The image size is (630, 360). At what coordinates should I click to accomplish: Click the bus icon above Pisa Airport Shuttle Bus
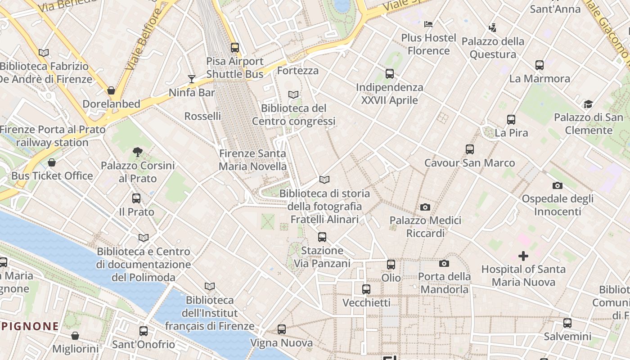pyautogui.click(x=234, y=47)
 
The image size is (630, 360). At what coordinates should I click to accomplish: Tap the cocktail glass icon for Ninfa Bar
pyautogui.click(x=192, y=79)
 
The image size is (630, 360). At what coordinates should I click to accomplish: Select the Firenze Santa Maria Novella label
pyautogui.click(x=252, y=160)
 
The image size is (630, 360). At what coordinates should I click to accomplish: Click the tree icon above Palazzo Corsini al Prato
pyautogui.click(x=138, y=152)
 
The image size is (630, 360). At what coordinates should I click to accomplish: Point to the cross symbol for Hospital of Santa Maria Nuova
pyautogui.click(x=523, y=256)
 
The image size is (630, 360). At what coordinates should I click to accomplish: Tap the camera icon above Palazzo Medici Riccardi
pyautogui.click(x=425, y=207)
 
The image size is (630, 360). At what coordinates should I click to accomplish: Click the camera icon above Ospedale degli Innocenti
pyautogui.click(x=557, y=185)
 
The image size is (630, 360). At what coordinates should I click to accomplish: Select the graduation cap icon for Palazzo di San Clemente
pyautogui.click(x=588, y=104)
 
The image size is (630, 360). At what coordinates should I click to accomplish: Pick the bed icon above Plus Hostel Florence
pyautogui.click(x=428, y=24)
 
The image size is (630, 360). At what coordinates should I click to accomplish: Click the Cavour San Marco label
pyautogui.click(x=470, y=163)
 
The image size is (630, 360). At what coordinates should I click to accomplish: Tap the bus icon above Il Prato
pyautogui.click(x=136, y=198)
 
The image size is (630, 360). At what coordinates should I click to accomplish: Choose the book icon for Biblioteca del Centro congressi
pyautogui.click(x=293, y=94)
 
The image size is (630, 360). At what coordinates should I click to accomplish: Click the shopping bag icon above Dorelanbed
pyautogui.click(x=111, y=90)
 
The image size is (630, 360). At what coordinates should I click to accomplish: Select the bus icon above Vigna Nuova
pyautogui.click(x=282, y=329)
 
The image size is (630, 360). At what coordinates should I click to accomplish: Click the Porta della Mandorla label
pyautogui.click(x=445, y=283)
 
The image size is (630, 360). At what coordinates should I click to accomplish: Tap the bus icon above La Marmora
pyautogui.click(x=540, y=65)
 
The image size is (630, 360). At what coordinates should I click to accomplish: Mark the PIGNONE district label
pyautogui.click(x=30, y=326)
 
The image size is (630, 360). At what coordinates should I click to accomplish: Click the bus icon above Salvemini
pyautogui.click(x=567, y=323)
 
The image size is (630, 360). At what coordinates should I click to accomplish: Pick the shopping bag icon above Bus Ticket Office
pyautogui.click(x=52, y=162)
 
